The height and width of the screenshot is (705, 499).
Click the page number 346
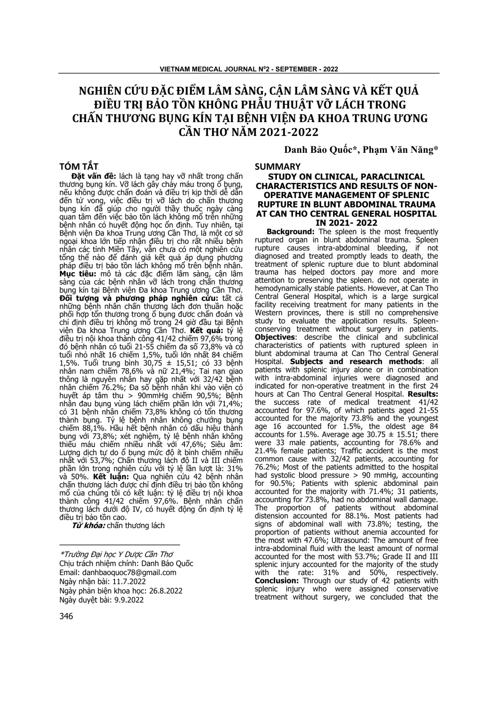tap(66, 616)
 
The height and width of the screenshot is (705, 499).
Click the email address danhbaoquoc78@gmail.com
tap(130, 572)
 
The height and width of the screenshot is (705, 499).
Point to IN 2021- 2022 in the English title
tap(346, 223)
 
